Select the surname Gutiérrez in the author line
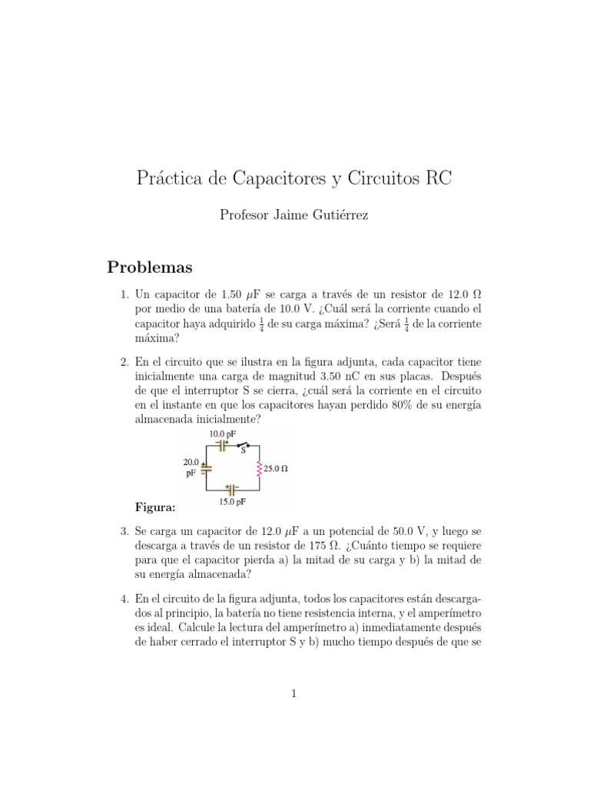pos(336,216)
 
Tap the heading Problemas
pos(149,267)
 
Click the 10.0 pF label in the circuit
pos(222,434)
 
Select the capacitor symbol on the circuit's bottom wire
pos(230,489)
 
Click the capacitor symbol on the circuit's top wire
pos(222,446)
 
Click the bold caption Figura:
pos(155,506)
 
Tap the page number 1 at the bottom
pos(294,693)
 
